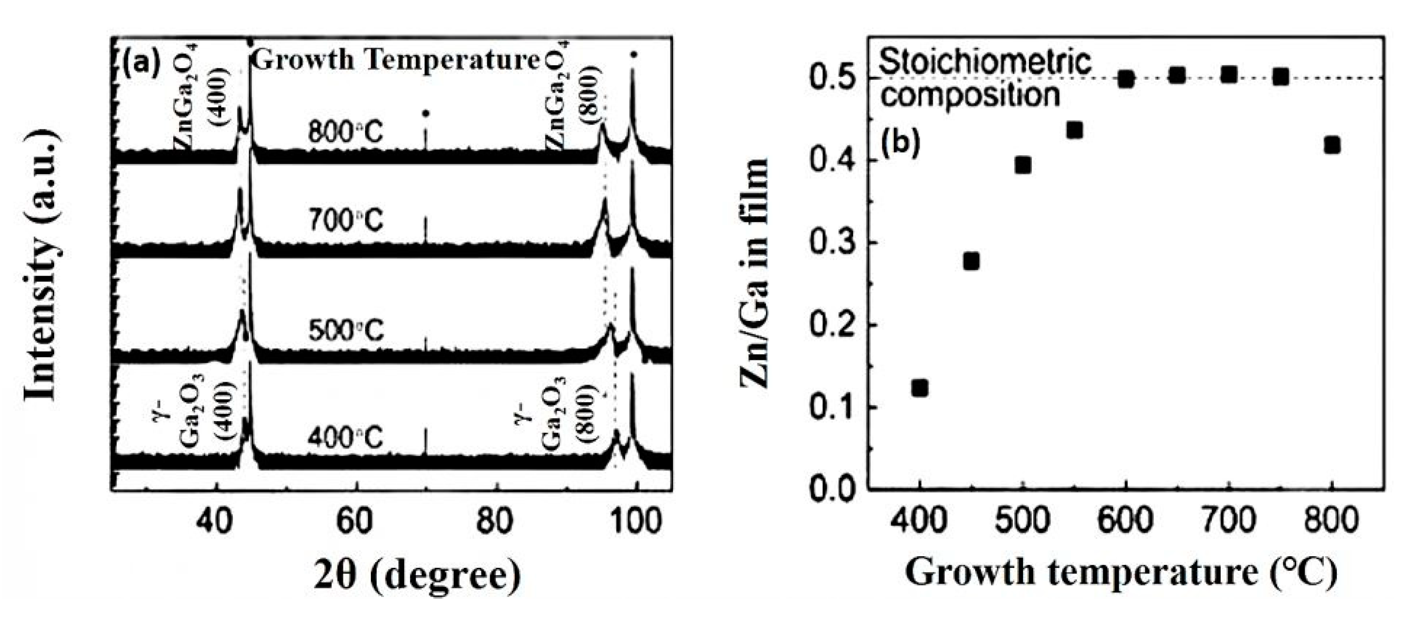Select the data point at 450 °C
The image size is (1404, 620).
point(971,261)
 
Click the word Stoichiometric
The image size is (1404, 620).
point(985,62)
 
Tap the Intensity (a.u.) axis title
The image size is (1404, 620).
point(42,266)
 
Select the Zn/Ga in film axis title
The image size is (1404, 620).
point(755,272)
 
